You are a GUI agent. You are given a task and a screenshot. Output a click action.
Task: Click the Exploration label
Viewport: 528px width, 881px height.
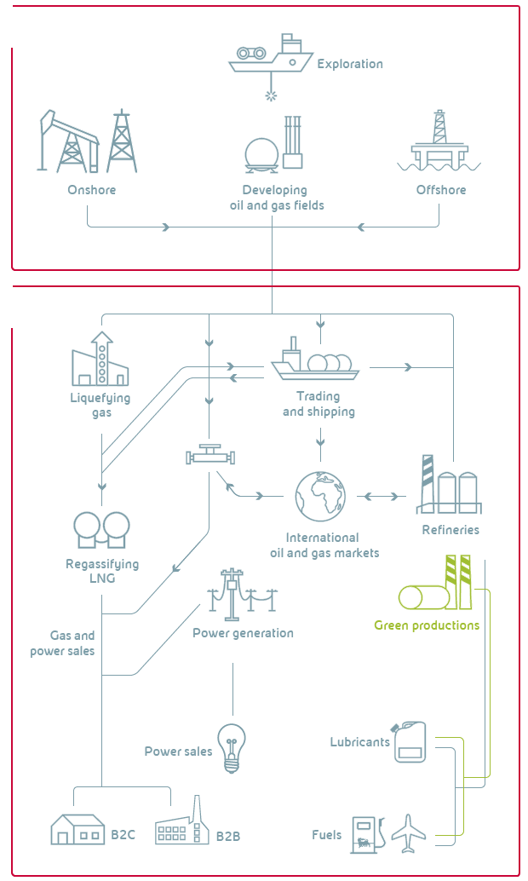tap(350, 64)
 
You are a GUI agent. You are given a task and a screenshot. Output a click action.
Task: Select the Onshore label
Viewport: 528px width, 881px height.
tap(92, 190)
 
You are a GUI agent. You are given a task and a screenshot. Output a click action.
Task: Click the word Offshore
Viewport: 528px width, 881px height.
tap(441, 190)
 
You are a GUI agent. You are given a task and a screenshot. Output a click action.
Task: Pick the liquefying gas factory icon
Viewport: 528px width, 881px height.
tap(100, 360)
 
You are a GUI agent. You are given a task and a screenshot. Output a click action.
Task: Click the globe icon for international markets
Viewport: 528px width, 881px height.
tap(321, 496)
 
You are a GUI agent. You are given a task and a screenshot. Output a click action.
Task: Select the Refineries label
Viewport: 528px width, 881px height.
tap(451, 530)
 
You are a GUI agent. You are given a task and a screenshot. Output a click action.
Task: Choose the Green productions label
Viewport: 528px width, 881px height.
tap(427, 625)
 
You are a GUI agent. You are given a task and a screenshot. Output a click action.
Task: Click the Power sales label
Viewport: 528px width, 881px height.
tap(178, 751)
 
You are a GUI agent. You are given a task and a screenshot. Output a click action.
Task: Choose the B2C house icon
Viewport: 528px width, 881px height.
tap(77, 830)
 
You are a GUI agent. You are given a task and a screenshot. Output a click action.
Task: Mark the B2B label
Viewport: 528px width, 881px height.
tap(228, 836)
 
